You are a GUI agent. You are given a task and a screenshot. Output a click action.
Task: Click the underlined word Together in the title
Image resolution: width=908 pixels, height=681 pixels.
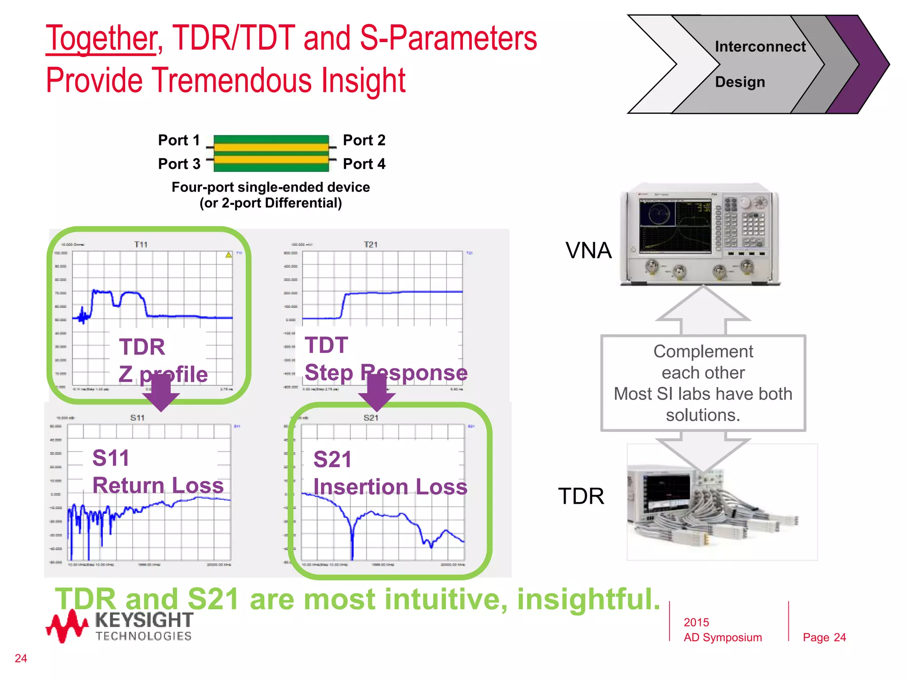(x=101, y=39)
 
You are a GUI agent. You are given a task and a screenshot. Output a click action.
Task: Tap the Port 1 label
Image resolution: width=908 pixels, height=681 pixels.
(x=179, y=140)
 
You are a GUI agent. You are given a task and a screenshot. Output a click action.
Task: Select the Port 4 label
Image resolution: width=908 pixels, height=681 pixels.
(x=364, y=164)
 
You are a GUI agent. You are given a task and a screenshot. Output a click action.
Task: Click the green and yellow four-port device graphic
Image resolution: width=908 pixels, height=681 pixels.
(x=271, y=153)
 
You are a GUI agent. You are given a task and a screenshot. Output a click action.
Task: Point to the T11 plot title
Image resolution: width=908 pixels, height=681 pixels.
(x=141, y=245)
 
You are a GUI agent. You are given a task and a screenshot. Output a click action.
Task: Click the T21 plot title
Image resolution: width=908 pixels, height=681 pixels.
(x=370, y=245)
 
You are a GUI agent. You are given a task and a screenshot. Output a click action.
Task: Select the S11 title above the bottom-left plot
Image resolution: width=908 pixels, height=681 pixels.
(x=137, y=418)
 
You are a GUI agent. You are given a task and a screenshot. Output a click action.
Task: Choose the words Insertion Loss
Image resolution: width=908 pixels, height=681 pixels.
(x=390, y=487)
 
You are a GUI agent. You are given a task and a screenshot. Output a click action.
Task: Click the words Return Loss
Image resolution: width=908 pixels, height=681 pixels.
(x=158, y=485)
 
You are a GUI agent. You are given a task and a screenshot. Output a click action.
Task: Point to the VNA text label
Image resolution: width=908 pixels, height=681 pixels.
(x=588, y=250)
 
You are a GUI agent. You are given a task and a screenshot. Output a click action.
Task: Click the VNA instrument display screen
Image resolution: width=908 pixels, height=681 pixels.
(x=675, y=226)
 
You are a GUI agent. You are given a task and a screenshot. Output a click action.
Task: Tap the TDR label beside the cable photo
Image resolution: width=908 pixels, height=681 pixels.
(x=581, y=496)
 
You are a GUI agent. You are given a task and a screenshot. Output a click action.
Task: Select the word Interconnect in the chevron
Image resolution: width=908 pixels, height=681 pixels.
(x=760, y=47)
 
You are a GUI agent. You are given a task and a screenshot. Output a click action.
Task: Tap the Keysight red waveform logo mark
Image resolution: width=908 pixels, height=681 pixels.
(x=67, y=626)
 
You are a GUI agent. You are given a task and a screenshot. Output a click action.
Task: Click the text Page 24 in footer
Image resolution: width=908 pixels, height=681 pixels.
(x=824, y=638)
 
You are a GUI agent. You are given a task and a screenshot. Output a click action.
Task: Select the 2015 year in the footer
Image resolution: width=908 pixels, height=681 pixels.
(x=696, y=622)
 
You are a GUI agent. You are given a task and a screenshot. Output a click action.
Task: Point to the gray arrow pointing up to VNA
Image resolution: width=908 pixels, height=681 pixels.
(x=703, y=310)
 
